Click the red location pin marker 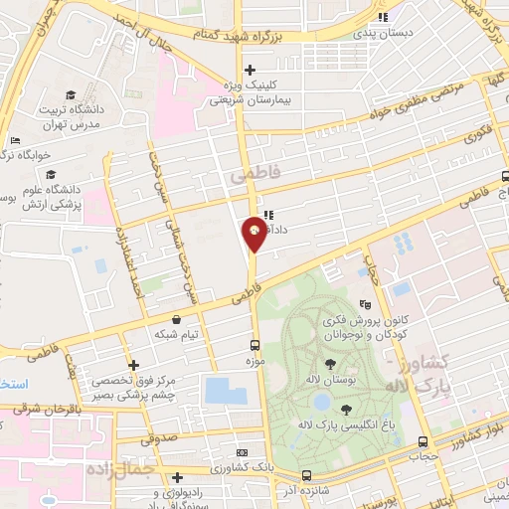[x=255, y=234]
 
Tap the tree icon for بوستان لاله [x=329, y=364]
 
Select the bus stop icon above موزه [x=254, y=347]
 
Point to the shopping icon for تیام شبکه [x=177, y=319]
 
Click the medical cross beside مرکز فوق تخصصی [x=133, y=365]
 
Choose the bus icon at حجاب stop [x=424, y=441]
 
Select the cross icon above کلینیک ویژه [x=251, y=70]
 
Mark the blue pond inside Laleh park [x=322, y=403]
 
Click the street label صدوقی [x=166, y=434]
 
